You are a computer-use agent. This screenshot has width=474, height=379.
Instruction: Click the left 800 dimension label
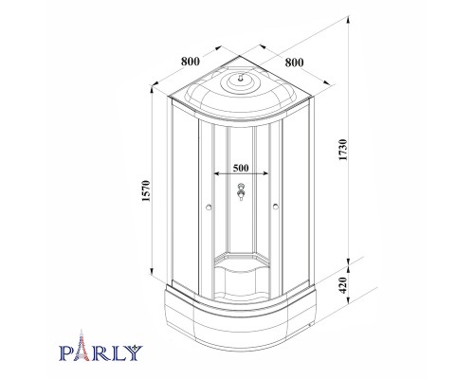click(191, 62)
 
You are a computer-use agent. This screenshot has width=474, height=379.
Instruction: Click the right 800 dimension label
click(294, 63)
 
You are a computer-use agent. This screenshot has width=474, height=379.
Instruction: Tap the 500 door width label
click(241, 168)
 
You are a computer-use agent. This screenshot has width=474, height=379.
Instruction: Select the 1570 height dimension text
click(145, 191)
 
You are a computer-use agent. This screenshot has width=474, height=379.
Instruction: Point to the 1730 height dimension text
click(343, 150)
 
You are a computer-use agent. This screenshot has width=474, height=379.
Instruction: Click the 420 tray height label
click(343, 285)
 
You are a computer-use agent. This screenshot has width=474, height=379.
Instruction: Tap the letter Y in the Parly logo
click(135, 352)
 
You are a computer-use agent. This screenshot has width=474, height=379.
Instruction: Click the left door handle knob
click(209, 208)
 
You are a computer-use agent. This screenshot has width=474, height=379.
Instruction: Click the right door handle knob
click(276, 207)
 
